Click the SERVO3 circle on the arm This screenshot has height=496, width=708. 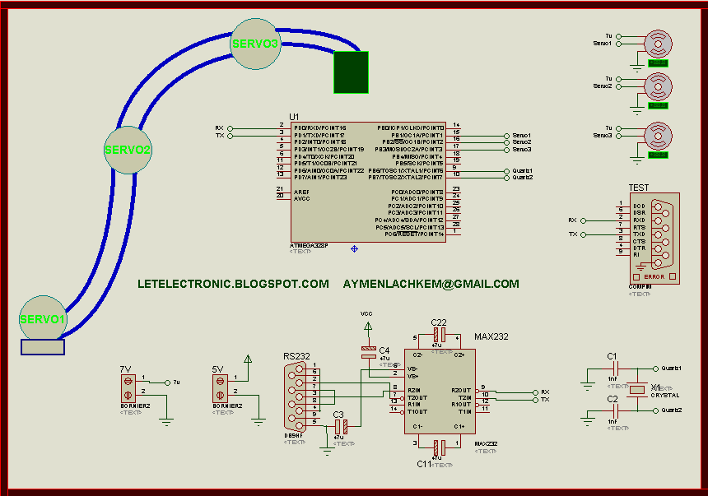click(x=255, y=43)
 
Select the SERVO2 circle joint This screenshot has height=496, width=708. click(x=128, y=150)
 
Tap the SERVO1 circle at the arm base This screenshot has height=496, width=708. click(x=42, y=318)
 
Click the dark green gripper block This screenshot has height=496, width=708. click(x=351, y=72)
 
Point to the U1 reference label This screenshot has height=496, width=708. click(x=295, y=117)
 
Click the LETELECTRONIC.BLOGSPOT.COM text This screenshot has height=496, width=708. click(x=234, y=284)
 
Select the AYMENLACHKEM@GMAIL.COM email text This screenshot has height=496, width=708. click(x=431, y=284)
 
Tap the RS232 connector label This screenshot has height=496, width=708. click(x=296, y=356)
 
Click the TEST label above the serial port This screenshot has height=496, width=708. click(x=638, y=188)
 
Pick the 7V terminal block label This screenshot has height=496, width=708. click(x=125, y=369)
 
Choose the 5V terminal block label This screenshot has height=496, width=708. click(x=217, y=369)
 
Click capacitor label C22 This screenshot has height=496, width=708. click(x=439, y=322)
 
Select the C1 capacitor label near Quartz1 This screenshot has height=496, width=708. click(x=612, y=356)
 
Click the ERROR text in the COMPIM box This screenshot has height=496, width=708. click(x=654, y=276)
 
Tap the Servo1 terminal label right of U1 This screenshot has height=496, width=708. click(x=522, y=135)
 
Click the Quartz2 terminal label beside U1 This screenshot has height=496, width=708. click(x=522, y=178)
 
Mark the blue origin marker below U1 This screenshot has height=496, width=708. click(x=354, y=248)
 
